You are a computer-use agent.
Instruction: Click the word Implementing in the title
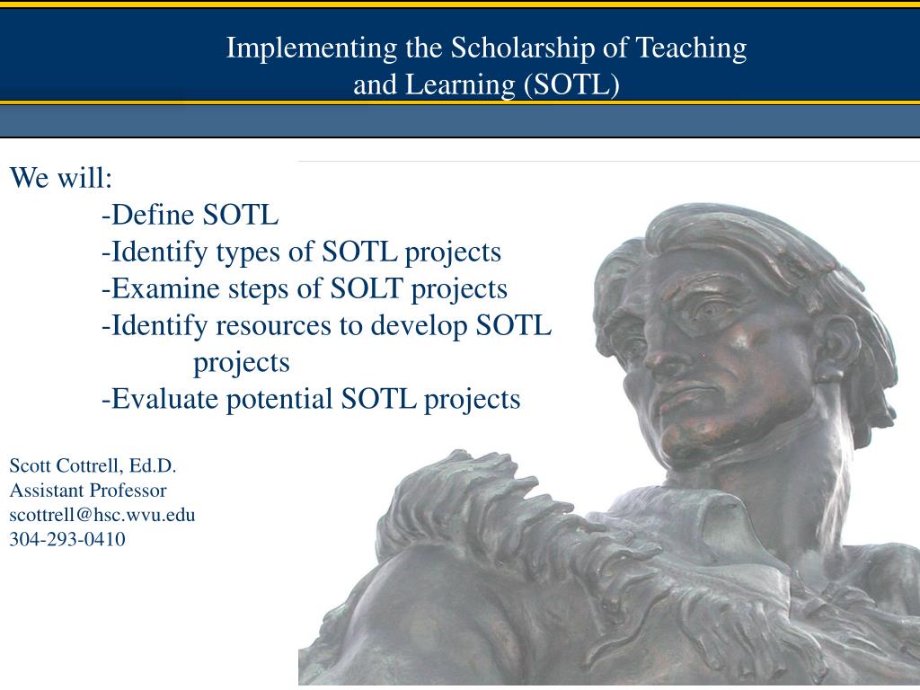tap(312, 49)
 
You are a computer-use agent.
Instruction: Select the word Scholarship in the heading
tap(523, 49)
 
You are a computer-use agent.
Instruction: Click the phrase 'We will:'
tap(60, 177)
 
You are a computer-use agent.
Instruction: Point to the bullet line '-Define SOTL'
tap(190, 214)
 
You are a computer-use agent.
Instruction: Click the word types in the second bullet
tap(248, 252)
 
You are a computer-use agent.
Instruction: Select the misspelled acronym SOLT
tap(367, 288)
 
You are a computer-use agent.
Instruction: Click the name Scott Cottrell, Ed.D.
tap(93, 466)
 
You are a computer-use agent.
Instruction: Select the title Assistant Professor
tap(88, 491)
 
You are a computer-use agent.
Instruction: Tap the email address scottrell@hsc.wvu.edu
tap(102, 515)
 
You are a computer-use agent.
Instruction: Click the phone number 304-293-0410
tap(67, 539)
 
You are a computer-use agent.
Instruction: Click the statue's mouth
tap(681, 400)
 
